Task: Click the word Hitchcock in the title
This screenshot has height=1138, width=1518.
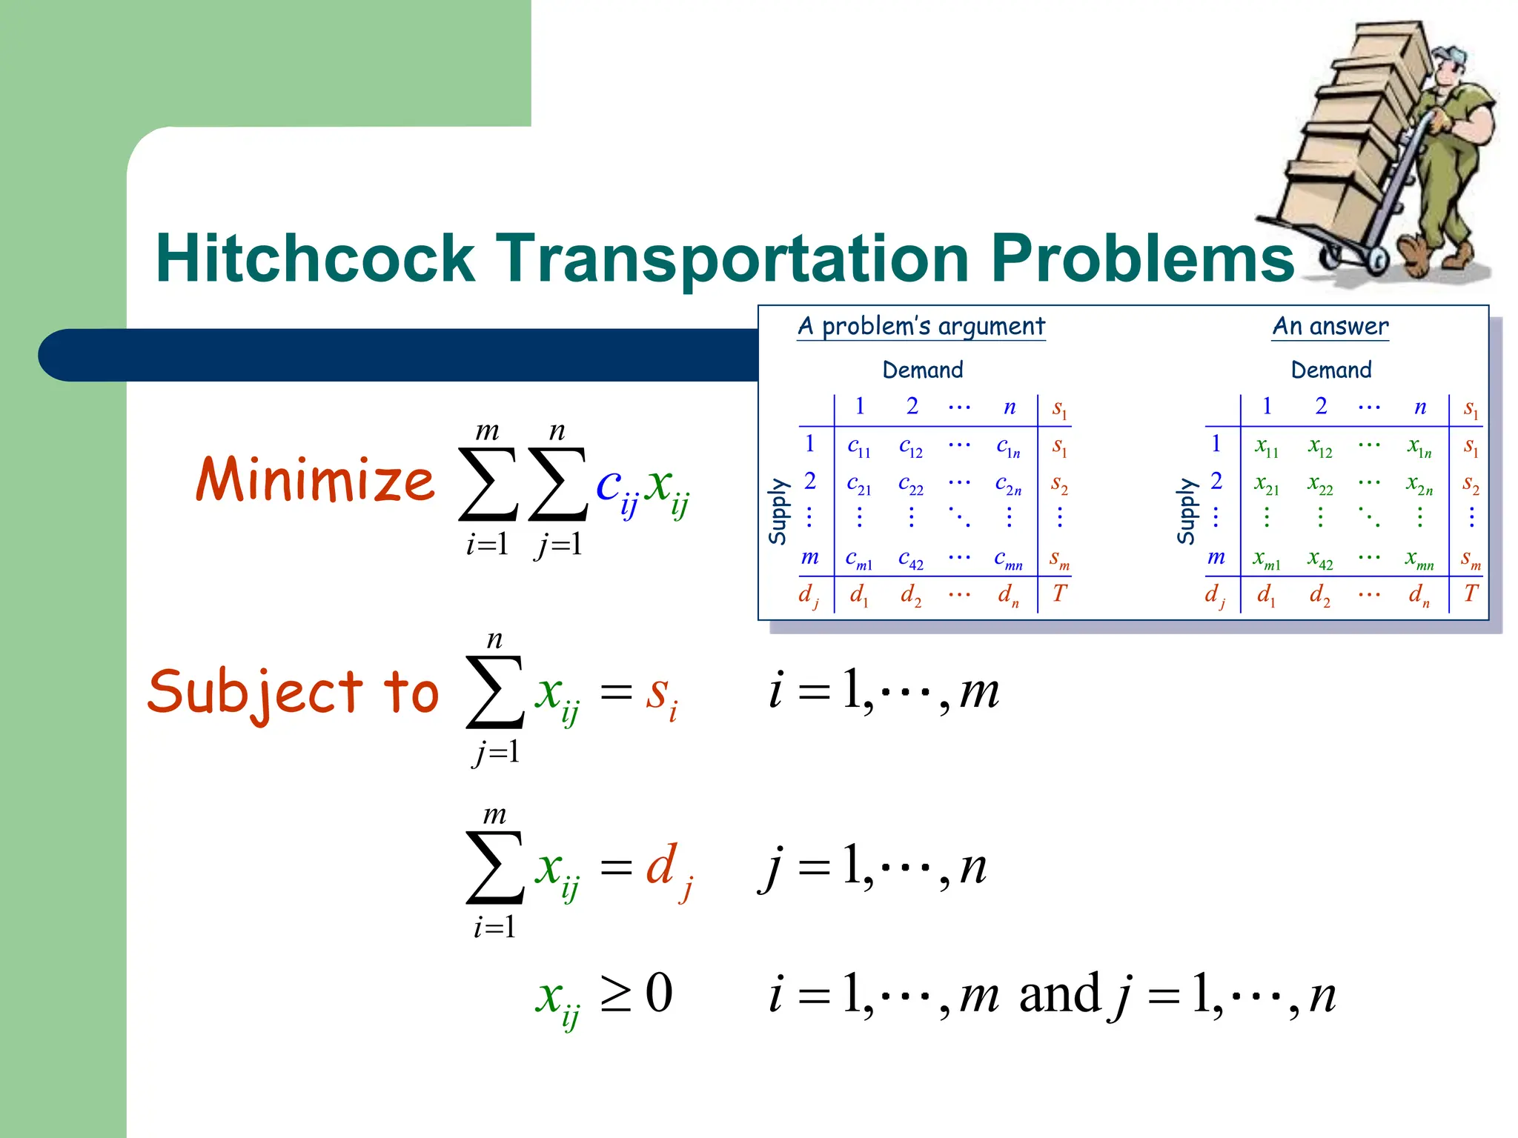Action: click(x=315, y=259)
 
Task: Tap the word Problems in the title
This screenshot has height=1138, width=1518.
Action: click(x=1142, y=259)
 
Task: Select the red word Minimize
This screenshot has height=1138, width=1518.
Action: click(x=315, y=479)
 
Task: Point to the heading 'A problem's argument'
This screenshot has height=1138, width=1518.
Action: click(x=921, y=326)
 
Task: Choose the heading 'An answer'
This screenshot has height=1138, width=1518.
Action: click(x=1330, y=326)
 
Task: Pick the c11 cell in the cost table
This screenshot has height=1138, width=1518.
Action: click(x=859, y=447)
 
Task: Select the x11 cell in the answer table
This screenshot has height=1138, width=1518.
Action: click(x=1266, y=447)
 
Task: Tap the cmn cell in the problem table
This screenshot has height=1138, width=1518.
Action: click(x=1008, y=559)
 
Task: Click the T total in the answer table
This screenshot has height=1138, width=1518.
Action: click(x=1471, y=593)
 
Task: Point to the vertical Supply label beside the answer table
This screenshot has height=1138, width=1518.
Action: click(x=1187, y=511)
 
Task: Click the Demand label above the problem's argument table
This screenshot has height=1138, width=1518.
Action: click(x=923, y=370)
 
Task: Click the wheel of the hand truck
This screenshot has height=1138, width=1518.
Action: click(x=1378, y=260)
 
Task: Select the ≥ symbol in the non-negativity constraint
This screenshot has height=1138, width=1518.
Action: click(x=615, y=994)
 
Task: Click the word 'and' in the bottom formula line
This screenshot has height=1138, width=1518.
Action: click(x=1059, y=994)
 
